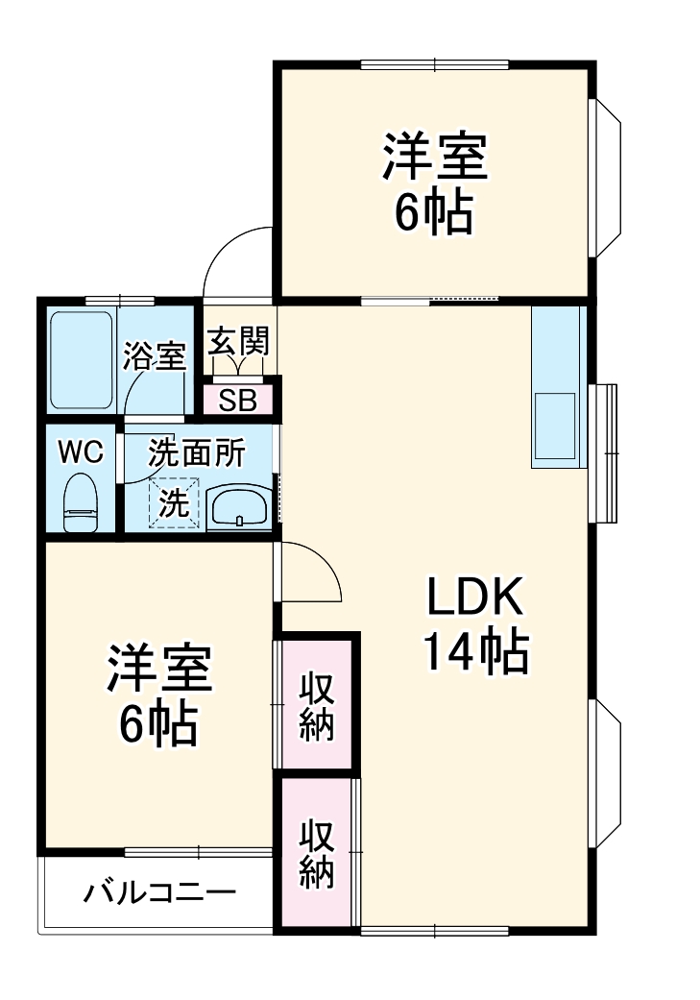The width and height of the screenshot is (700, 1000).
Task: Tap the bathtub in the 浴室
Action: (83, 358)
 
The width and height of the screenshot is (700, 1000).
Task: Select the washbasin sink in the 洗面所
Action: (238, 506)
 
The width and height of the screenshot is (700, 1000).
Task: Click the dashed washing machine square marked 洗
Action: (175, 502)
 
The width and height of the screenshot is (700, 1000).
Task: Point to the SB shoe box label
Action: (238, 401)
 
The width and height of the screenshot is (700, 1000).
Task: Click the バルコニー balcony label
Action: (158, 893)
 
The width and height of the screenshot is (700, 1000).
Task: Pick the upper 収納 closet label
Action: (316, 706)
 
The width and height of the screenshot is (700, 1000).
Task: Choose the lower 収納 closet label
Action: (316, 853)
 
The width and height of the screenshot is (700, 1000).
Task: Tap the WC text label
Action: (81, 452)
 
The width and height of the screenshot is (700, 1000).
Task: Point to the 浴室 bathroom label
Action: (154, 357)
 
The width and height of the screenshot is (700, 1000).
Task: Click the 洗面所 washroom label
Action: (196, 452)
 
